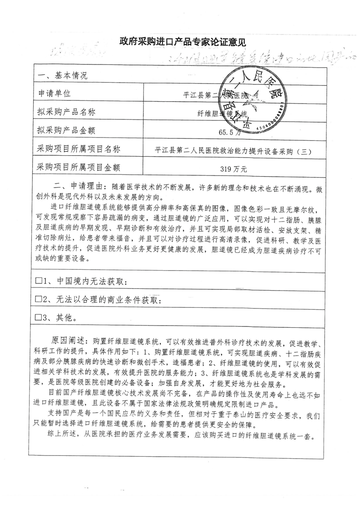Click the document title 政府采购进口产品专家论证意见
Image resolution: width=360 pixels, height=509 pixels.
click(x=182, y=43)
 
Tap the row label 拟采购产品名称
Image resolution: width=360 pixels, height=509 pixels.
click(x=68, y=112)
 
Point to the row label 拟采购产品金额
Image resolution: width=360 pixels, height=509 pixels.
click(x=68, y=131)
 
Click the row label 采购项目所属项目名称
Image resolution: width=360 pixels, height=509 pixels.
click(x=81, y=149)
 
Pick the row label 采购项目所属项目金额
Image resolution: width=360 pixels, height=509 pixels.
click(x=81, y=168)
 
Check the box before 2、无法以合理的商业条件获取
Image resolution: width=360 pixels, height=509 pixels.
click(x=39, y=300)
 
